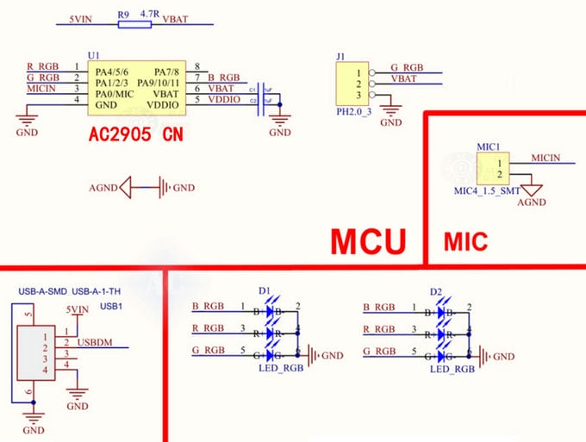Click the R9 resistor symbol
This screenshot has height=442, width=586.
pyautogui.click(x=134, y=25)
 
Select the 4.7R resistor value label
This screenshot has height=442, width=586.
pyautogui.click(x=151, y=14)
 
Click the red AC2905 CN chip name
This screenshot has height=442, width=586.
pyautogui.click(x=135, y=136)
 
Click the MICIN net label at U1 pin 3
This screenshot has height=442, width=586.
pyautogui.click(x=42, y=88)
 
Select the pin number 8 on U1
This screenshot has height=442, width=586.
pyautogui.click(x=197, y=66)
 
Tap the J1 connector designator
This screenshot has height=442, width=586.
pyautogui.click(x=340, y=57)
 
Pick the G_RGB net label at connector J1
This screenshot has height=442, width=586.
pyautogui.click(x=407, y=66)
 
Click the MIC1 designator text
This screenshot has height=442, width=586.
pyautogui.click(x=487, y=146)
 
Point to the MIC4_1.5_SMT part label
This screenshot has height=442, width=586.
pyautogui.click(x=487, y=190)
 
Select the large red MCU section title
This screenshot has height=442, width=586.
pyautogui.click(x=368, y=242)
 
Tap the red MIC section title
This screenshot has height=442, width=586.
pyautogui.click(x=465, y=242)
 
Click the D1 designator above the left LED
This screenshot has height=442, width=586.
pyautogui.click(x=264, y=290)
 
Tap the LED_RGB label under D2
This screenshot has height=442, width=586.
pyautogui.click(x=452, y=369)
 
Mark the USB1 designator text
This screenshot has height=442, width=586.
pyautogui.click(x=111, y=306)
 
